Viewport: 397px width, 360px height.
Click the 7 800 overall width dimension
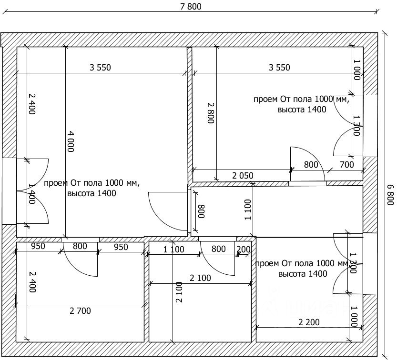pyautogui.click(x=191, y=6)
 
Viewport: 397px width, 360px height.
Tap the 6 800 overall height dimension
pyautogui.click(x=391, y=195)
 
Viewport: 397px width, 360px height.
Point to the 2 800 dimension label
pyautogui.click(x=211, y=112)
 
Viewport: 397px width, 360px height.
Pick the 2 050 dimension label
pyautogui.click(x=243, y=175)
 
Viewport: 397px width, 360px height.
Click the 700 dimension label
pyautogui.click(x=346, y=165)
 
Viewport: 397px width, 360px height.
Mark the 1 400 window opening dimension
pyautogui.click(x=31, y=194)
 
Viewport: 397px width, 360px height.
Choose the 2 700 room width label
pyautogui.click(x=80, y=310)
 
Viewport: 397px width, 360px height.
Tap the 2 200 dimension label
pyautogui.click(x=309, y=322)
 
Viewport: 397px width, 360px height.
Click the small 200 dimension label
pyautogui.click(x=244, y=250)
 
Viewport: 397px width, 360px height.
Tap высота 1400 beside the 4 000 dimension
pyautogui.click(x=92, y=193)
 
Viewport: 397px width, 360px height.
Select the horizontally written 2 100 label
pyautogui.click(x=200, y=278)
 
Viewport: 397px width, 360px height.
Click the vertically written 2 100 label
pyautogui.click(x=179, y=292)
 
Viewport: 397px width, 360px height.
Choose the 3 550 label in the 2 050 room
pyautogui.click(x=279, y=68)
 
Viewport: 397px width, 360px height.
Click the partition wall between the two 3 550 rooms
pyautogui.click(x=190, y=114)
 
